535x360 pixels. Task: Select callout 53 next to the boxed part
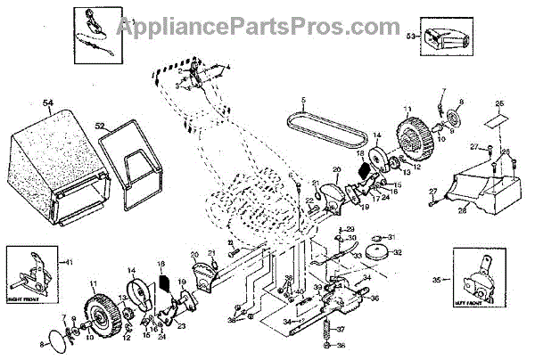411,37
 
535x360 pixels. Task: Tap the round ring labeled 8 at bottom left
60,340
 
